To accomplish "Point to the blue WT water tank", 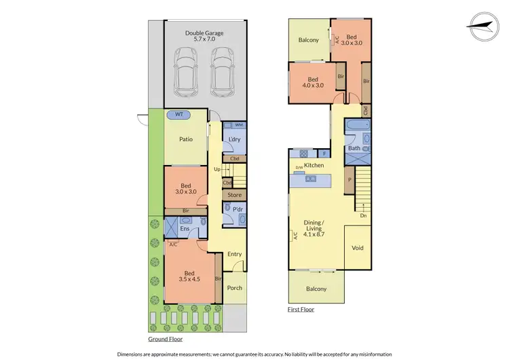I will [180, 115].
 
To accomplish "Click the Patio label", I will [186, 139].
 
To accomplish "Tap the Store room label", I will [234, 196].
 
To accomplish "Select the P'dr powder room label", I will [238, 211].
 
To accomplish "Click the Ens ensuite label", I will [184, 230].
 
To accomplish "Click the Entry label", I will [234, 254].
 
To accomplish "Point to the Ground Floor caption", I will [166, 338].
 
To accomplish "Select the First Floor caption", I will [300, 309].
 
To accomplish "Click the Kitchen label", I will [314, 166].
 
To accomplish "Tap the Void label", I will [358, 248].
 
